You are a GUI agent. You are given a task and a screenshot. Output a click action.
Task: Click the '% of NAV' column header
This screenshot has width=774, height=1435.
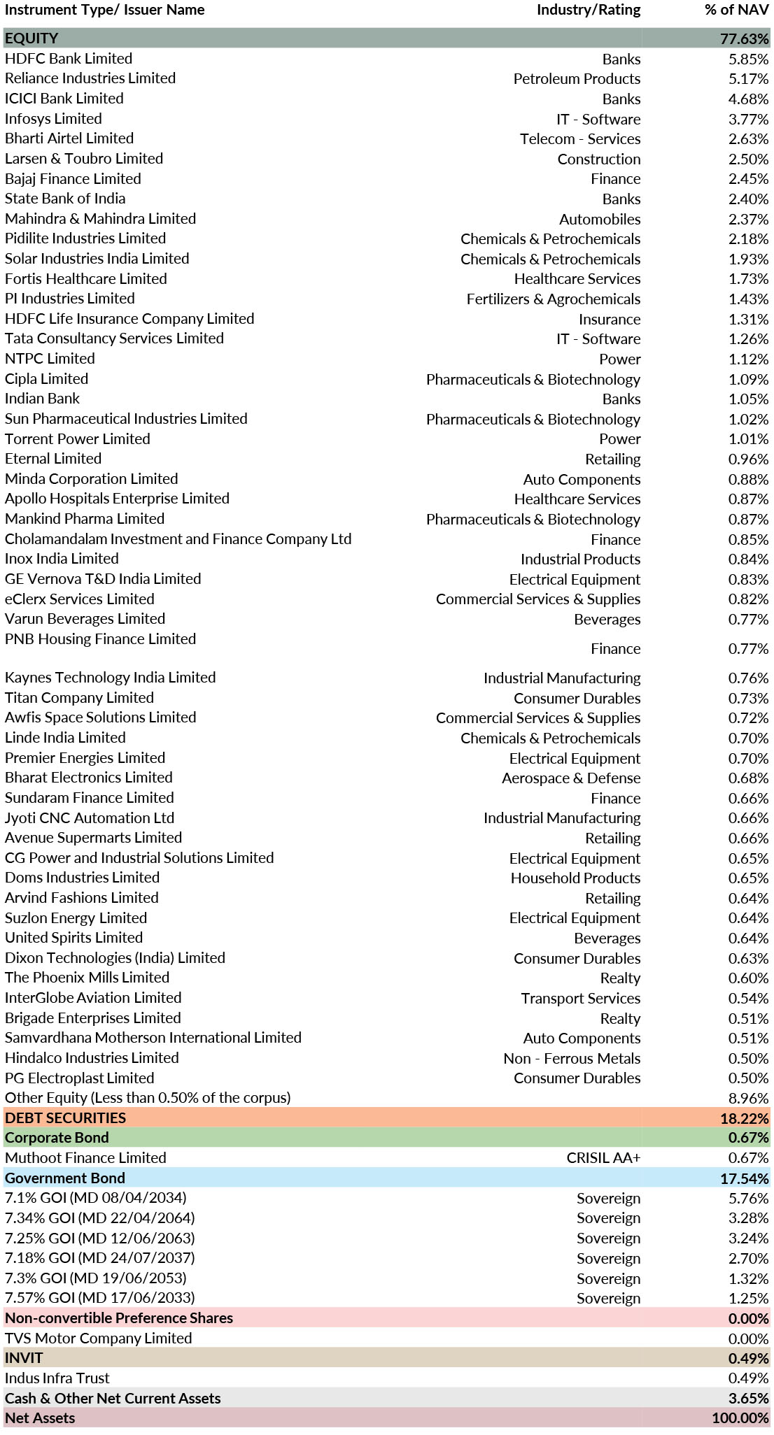pos(736,10)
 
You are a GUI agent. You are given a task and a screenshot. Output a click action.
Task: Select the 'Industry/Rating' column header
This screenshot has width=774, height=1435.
pos(588,10)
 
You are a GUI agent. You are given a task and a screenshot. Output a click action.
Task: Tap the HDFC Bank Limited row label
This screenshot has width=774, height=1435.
pos(69,59)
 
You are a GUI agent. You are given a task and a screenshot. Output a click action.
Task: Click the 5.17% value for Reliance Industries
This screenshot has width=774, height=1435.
pos(748,79)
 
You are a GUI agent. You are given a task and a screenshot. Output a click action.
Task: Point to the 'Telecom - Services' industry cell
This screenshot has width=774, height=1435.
pos(579,139)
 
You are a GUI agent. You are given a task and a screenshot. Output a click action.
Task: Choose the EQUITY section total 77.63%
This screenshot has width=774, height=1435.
pos(745,39)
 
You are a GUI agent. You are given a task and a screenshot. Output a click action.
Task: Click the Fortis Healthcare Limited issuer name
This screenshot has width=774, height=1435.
pos(85,279)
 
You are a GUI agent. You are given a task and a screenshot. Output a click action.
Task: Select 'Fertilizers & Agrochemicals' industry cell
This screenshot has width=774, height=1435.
pos(553,299)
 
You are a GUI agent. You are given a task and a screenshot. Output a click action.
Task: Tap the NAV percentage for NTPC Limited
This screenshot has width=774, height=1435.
pos(748,359)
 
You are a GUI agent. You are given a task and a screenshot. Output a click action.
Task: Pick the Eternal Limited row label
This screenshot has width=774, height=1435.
pos(53,459)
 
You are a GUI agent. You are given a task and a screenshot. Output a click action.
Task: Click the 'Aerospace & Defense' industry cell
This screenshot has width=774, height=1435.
pos(570,778)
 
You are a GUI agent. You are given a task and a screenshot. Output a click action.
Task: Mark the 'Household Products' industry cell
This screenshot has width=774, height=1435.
pos(575,878)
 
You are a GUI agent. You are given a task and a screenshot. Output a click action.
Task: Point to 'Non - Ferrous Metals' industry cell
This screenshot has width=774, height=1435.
pos(572,1059)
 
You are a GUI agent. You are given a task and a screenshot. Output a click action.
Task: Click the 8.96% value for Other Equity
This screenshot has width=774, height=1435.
pos(748,1099)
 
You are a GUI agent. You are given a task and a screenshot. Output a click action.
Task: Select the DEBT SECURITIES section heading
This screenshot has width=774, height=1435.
pos(66,1118)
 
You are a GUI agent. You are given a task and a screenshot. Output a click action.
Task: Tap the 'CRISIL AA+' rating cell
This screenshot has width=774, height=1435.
pos(603,1158)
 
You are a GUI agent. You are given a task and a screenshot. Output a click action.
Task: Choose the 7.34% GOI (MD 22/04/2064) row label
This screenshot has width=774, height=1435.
pos(100,1218)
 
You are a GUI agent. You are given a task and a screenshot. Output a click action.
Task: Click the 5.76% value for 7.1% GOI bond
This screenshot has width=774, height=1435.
pos(748,1199)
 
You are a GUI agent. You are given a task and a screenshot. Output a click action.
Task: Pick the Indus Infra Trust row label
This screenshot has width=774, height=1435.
pos(57,1378)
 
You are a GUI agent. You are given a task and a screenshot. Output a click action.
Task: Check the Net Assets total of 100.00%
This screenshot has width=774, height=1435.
pos(740,1418)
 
